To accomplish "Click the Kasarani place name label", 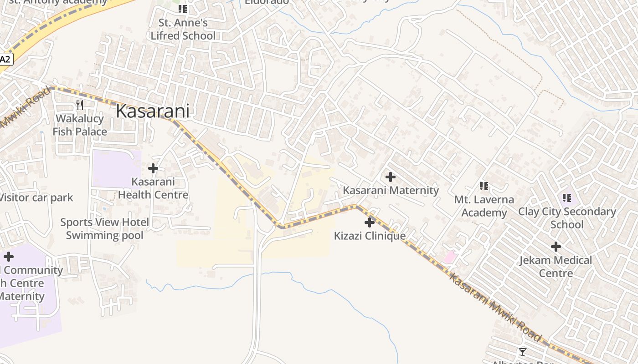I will (x=152, y=111).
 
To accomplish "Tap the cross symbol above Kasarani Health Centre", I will (x=153, y=168).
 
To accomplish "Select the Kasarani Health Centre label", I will (x=153, y=188).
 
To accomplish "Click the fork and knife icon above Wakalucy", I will (x=80, y=105).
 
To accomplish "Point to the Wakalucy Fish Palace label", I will (x=80, y=125).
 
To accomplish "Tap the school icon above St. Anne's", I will (x=183, y=9).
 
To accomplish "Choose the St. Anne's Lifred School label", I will (x=183, y=29).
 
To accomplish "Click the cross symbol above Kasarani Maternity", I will (x=391, y=177).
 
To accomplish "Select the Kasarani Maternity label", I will (x=391, y=190).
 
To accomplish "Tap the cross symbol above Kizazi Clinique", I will (x=370, y=222).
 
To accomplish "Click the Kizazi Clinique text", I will (x=370, y=236).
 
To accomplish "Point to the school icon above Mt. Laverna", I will (x=484, y=186).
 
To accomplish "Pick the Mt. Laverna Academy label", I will (x=484, y=206).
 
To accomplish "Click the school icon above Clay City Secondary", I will (x=567, y=197).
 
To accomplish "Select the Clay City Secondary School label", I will (x=567, y=218).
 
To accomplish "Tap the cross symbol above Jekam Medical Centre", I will (x=556, y=247).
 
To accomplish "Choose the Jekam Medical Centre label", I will (x=556, y=267).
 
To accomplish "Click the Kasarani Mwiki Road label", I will (x=495, y=307).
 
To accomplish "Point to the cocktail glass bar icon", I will (x=523, y=352).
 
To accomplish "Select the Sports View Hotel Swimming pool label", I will (x=104, y=229).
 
